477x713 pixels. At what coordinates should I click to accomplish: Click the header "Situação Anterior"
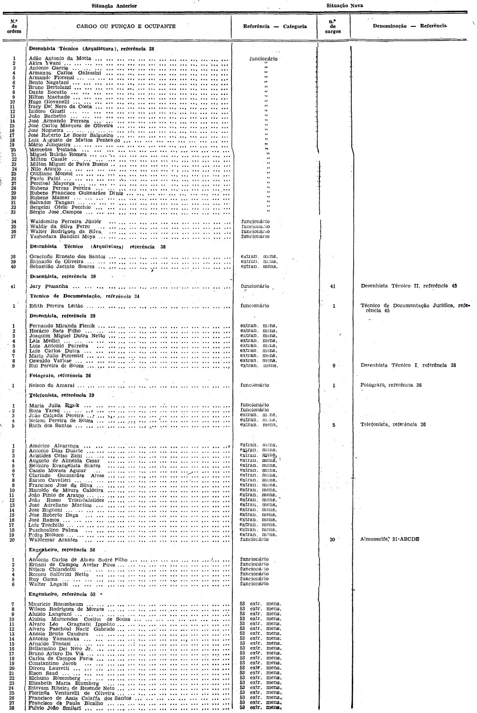[114, 5]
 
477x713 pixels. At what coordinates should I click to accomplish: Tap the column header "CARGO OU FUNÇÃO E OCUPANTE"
[130, 26]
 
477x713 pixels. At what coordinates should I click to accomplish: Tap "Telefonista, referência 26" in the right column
[393, 424]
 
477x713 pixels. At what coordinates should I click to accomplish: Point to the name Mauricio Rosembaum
[56, 605]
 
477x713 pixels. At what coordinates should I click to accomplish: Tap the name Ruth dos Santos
[50, 425]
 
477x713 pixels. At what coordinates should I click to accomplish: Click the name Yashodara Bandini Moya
[63, 237]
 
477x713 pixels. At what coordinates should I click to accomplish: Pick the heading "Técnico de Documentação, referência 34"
[85, 296]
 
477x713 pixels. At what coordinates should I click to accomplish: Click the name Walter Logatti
[47, 584]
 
